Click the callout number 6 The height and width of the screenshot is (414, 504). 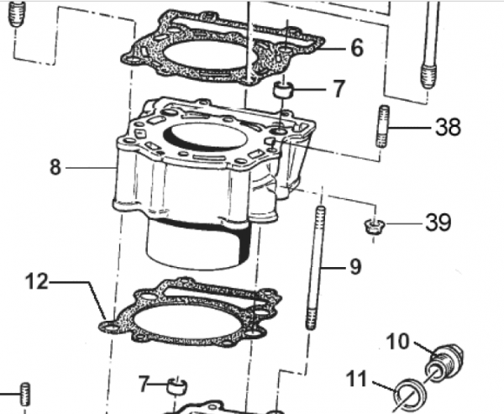pyautogui.click(x=357, y=48)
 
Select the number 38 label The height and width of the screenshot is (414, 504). pyautogui.click(x=448, y=128)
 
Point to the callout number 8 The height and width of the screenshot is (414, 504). pyautogui.click(x=55, y=167)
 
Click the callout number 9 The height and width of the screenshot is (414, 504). pyautogui.click(x=354, y=267)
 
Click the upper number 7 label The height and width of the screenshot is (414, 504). pyautogui.click(x=339, y=88)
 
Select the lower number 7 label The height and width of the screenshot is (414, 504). pyautogui.click(x=145, y=385)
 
